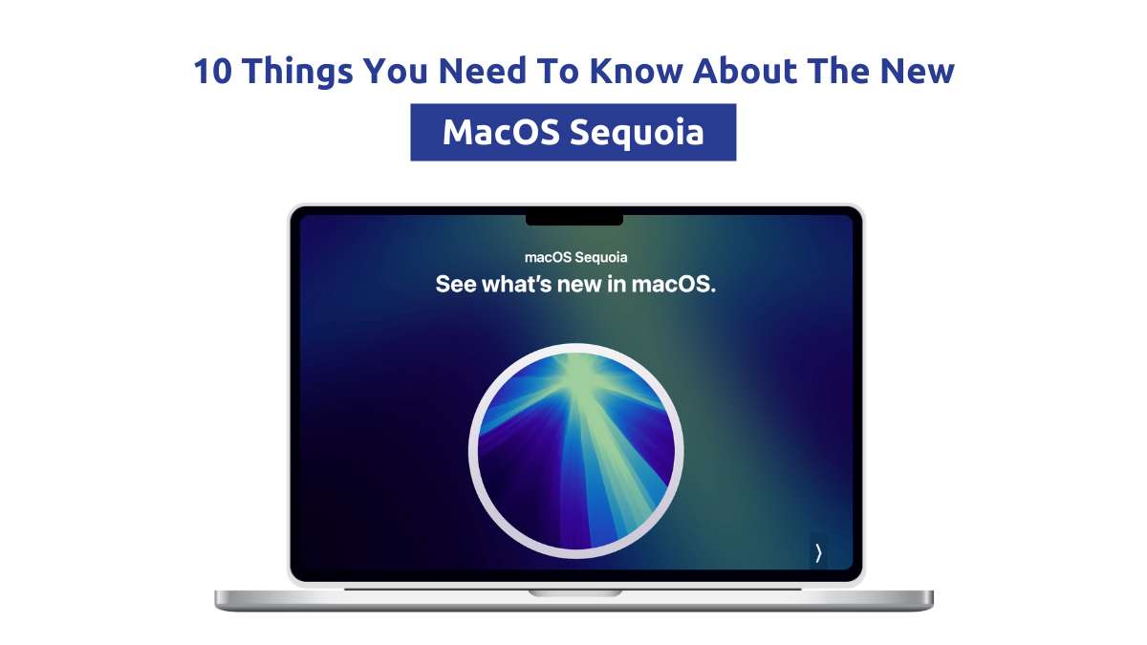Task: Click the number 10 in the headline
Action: click(x=212, y=71)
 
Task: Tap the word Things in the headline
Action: click(x=297, y=72)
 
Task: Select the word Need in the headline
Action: click(x=483, y=71)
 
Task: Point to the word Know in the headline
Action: click(x=636, y=71)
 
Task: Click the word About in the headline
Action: click(x=745, y=71)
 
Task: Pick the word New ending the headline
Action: click(x=917, y=71)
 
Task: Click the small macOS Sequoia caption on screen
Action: click(x=575, y=257)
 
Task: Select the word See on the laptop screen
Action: click(x=456, y=284)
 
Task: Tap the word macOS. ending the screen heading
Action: click(x=673, y=284)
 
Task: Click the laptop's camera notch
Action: click(x=574, y=220)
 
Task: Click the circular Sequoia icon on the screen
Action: click(x=575, y=451)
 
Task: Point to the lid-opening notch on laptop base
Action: click(x=575, y=593)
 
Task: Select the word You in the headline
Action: click(x=396, y=71)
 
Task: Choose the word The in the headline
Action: click(x=838, y=71)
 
